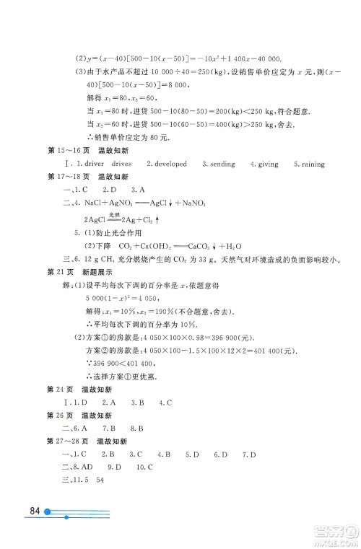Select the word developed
170,164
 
